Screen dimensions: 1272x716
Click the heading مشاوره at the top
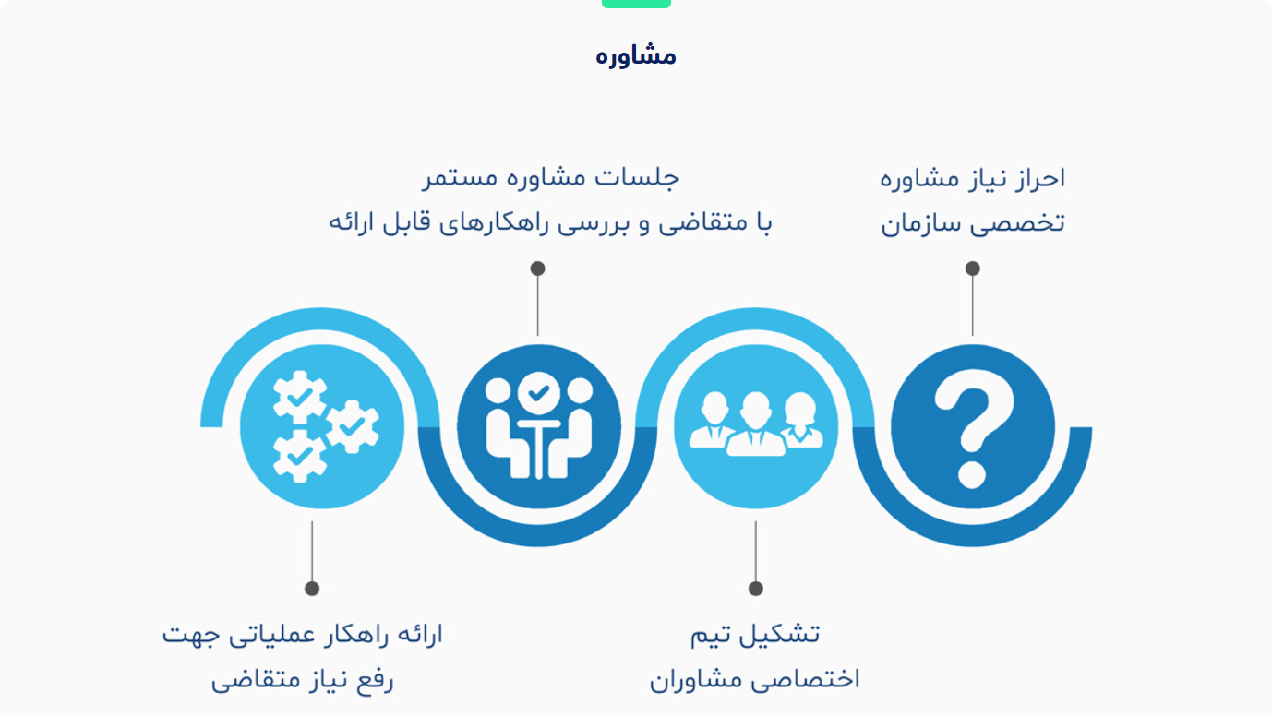click(x=635, y=56)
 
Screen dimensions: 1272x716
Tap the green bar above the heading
click(x=636, y=4)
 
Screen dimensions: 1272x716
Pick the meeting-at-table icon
click(x=539, y=426)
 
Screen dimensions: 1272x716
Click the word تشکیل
click(x=783, y=634)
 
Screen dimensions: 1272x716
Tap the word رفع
click(x=374, y=680)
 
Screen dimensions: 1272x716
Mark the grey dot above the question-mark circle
click(x=973, y=268)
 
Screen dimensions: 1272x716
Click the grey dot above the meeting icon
click(x=538, y=268)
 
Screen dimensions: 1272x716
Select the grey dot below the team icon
click(x=756, y=589)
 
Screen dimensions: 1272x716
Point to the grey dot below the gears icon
click(x=312, y=589)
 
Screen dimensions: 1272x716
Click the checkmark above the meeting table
click(x=539, y=393)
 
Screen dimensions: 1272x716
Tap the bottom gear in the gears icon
click(x=299, y=456)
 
